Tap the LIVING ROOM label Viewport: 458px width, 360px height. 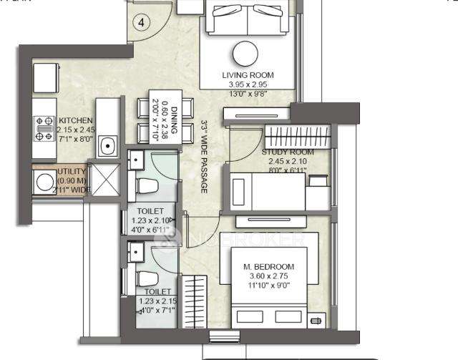pos(248,74)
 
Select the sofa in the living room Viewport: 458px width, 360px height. pos(247,17)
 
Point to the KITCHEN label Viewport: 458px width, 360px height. pos(74,120)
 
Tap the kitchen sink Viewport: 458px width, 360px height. pos(108,148)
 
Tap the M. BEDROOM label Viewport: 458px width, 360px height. pos(269,267)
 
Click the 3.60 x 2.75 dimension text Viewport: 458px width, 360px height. pos(269,276)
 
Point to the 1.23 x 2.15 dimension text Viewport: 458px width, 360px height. pos(157,301)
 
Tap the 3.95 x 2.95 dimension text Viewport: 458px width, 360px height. pos(248,84)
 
